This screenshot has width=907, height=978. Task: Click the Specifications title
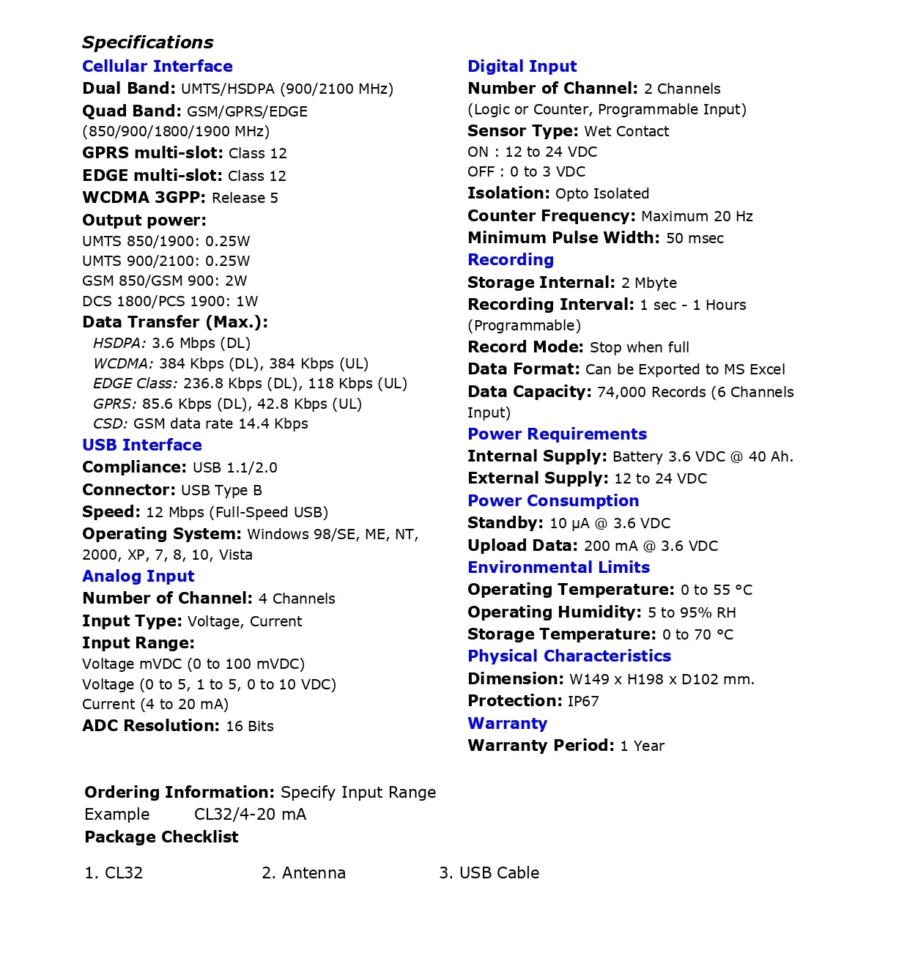click(x=147, y=42)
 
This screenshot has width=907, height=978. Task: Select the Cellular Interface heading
click(x=157, y=67)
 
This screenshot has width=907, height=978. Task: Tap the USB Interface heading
click(x=141, y=445)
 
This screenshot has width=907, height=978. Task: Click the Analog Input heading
click(x=138, y=577)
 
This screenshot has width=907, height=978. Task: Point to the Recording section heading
click(x=510, y=260)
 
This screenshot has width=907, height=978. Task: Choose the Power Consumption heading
click(x=552, y=501)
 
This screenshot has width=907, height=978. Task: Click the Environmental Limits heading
click(x=558, y=568)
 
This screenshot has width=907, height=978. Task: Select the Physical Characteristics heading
click(x=569, y=656)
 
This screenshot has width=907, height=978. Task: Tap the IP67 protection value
click(x=582, y=702)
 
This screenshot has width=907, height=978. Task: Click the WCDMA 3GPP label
click(x=144, y=198)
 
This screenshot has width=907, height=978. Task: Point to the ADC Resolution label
click(x=150, y=726)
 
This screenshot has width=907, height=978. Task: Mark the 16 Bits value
click(x=250, y=727)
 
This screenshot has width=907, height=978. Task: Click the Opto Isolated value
click(x=601, y=194)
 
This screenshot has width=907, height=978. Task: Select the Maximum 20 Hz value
click(x=696, y=217)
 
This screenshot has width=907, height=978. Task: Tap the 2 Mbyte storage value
click(x=648, y=284)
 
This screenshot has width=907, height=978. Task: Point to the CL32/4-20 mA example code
click(x=250, y=815)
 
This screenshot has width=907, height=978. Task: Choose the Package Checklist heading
click(x=161, y=837)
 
